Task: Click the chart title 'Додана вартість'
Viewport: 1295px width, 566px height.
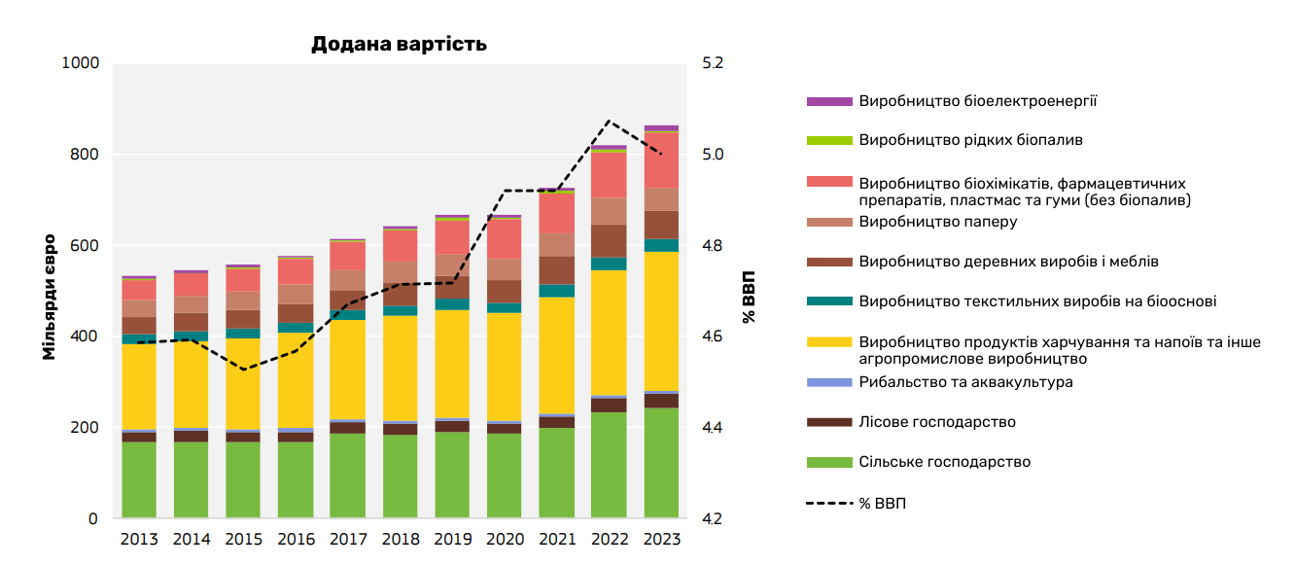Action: pyautogui.click(x=399, y=45)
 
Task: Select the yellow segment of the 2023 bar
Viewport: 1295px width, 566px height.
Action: pyautogui.click(x=661, y=321)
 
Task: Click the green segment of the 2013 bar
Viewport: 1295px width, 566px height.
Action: pyautogui.click(x=139, y=479)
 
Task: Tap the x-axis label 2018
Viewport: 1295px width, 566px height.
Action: pyautogui.click(x=400, y=540)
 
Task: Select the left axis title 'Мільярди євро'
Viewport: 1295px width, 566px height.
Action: pyautogui.click(x=49, y=297)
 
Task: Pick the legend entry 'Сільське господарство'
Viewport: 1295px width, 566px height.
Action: pyautogui.click(x=944, y=462)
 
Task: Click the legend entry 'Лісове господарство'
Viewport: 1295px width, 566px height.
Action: pyautogui.click(x=937, y=422)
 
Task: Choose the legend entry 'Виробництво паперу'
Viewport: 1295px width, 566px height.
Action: pyautogui.click(x=938, y=222)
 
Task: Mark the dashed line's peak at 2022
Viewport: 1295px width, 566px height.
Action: pyautogui.click(x=609, y=121)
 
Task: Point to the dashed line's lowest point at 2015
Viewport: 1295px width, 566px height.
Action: pyautogui.click(x=243, y=370)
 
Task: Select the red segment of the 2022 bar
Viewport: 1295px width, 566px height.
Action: pyautogui.click(x=609, y=175)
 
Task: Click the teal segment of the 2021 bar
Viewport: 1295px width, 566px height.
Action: pyautogui.click(x=556, y=291)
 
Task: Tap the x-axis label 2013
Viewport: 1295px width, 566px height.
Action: pyautogui.click(x=139, y=540)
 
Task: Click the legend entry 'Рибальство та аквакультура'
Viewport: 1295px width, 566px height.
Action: pyautogui.click(x=965, y=382)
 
